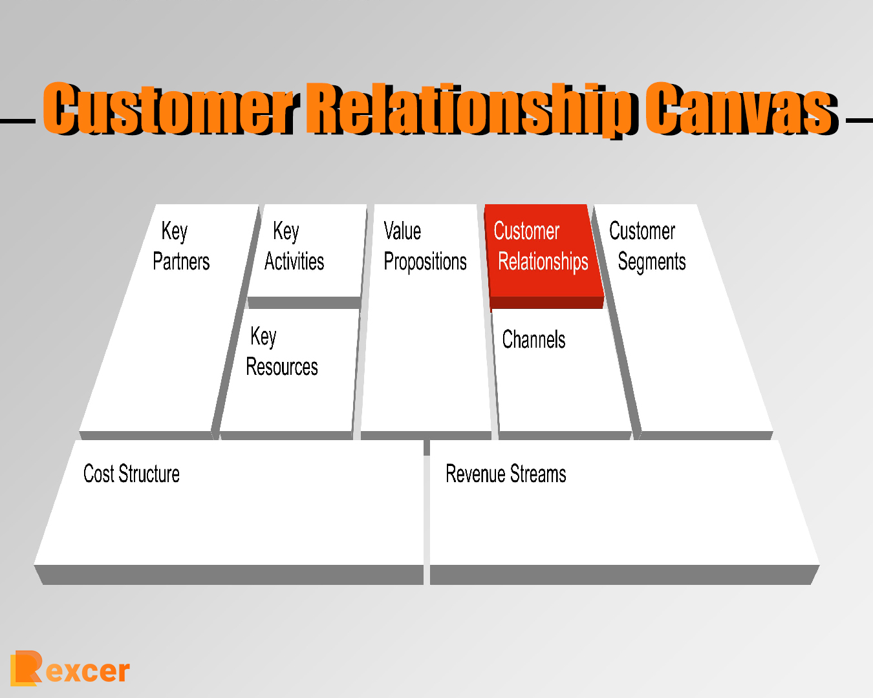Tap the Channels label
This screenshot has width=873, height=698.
(533, 339)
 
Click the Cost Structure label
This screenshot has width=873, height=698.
(131, 474)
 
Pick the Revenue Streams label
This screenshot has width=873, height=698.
(506, 474)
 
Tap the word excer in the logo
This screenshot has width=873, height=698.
(87, 672)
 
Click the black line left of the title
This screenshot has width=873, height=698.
(17, 120)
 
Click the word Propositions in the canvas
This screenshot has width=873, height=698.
(425, 262)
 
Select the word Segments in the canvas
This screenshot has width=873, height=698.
(651, 262)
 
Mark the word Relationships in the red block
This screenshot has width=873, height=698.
(543, 262)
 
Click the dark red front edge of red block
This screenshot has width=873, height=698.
(546, 302)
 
